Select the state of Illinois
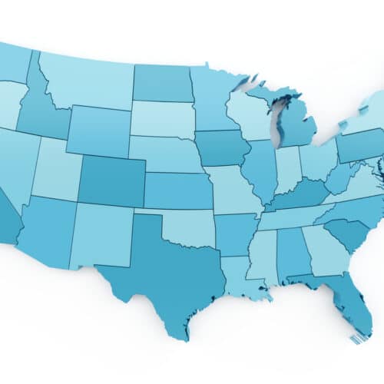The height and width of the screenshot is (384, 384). point(261,169)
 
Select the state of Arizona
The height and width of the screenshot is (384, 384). point(46,230)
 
